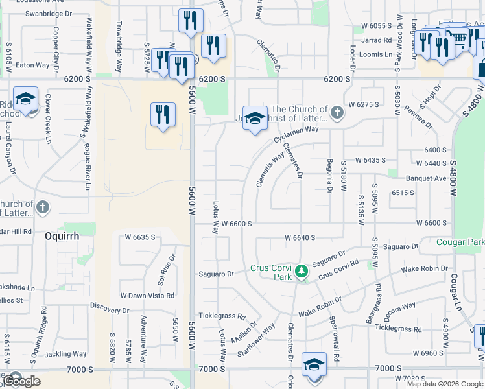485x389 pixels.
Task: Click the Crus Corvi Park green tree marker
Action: click(300, 270)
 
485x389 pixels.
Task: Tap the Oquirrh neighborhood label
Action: click(62, 237)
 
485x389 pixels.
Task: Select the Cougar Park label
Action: click(460, 242)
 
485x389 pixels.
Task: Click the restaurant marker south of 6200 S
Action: click(163, 115)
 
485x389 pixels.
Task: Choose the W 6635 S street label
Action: click(138, 237)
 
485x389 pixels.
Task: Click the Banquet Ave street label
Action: click(426, 178)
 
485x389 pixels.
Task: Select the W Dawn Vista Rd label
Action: click(147, 296)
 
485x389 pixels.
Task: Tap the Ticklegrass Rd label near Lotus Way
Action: click(222, 317)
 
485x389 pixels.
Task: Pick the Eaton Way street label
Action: click(32, 65)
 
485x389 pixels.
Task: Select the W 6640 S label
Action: click(300, 238)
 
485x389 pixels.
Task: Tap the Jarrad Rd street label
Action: click(377, 40)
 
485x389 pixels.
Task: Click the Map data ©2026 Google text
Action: click(445, 384)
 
